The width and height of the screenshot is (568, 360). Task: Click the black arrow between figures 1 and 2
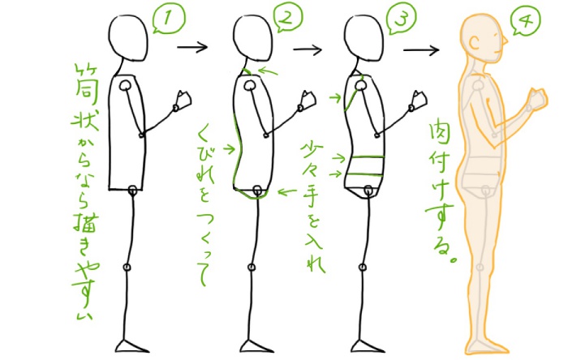coord(192,45)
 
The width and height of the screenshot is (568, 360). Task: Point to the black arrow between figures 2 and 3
coord(308,49)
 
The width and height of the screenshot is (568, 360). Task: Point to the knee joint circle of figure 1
coord(127,267)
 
